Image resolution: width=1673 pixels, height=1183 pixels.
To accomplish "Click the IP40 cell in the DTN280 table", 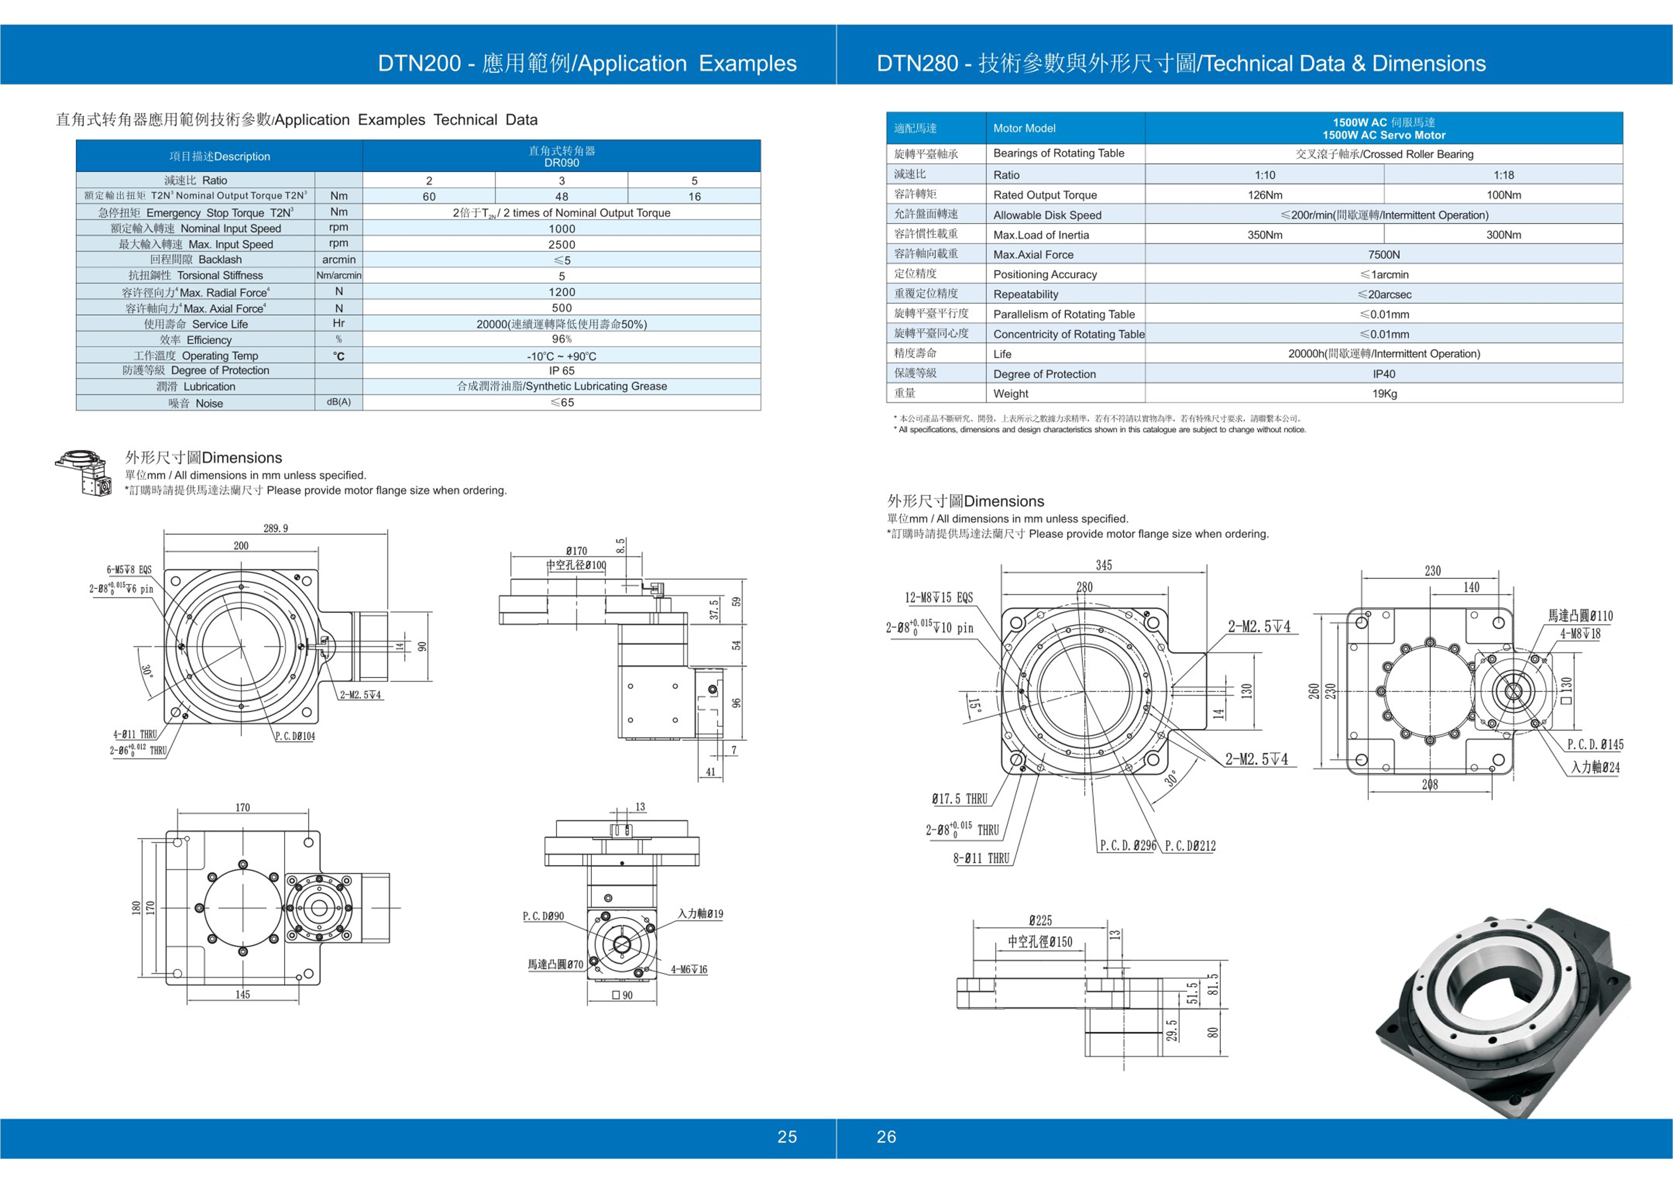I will pyautogui.click(x=1383, y=374).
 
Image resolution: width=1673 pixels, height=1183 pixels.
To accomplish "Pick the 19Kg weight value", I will pyautogui.click(x=1384, y=394).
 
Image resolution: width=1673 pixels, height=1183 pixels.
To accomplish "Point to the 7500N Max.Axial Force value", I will pyautogui.click(x=1383, y=254).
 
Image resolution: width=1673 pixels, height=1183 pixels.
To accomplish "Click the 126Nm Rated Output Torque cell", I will pyautogui.click(x=1264, y=195).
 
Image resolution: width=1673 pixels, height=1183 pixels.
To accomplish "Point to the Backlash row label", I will pyautogui.click(x=195, y=259).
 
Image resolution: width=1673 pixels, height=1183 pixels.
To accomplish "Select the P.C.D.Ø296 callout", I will pyautogui.click(x=1127, y=846).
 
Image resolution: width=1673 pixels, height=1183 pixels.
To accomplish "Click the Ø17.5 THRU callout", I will pyautogui.click(x=960, y=799).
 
